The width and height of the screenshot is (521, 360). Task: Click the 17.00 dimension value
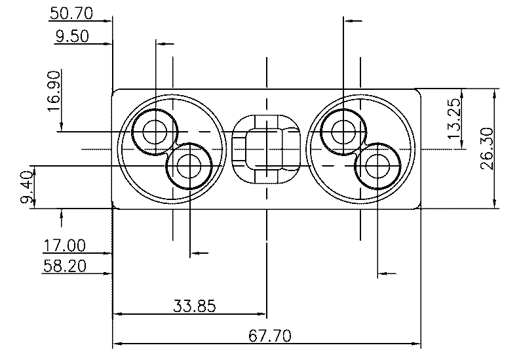(x=65, y=246)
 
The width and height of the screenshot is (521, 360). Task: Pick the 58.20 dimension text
(x=65, y=266)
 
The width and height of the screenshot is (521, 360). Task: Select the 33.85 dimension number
(x=195, y=305)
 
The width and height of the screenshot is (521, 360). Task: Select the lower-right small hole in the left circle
(x=189, y=166)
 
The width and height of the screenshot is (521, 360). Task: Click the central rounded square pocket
(x=267, y=150)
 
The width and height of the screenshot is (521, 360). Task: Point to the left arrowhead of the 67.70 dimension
(x=117, y=343)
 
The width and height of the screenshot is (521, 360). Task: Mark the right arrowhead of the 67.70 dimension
(x=416, y=343)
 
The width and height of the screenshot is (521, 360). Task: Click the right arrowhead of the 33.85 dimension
(x=262, y=314)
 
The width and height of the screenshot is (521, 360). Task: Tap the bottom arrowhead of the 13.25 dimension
(x=461, y=145)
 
